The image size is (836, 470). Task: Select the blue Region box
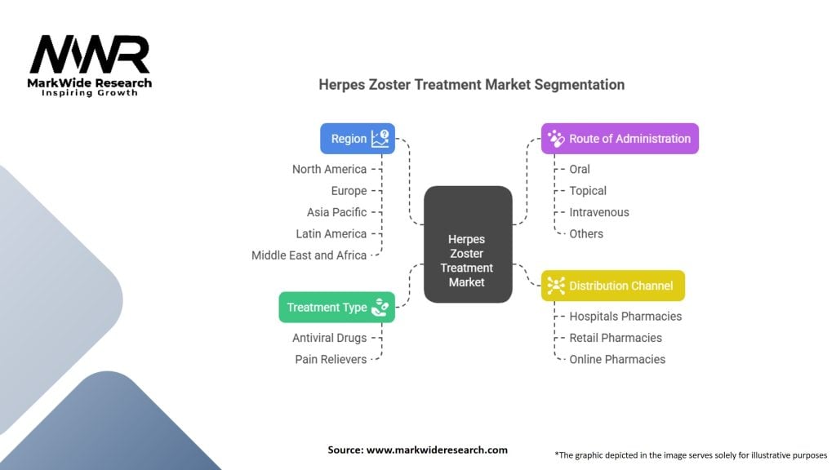pos(358,139)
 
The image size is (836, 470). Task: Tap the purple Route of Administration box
pos(620,139)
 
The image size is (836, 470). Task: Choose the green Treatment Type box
pos(336,308)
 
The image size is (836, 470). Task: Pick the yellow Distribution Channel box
pos(612,286)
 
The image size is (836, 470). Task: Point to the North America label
pos(329,169)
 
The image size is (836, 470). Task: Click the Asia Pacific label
pos(336,212)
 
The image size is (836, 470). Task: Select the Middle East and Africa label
pos(309,255)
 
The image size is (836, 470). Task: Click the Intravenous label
pos(599,212)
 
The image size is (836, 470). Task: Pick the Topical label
pos(588,191)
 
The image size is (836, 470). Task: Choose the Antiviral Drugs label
pos(329,338)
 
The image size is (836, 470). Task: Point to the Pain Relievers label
pos(331,359)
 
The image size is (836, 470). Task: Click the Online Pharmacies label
pos(617,359)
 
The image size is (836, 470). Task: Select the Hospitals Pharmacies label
pos(625,316)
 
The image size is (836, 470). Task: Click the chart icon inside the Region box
pos(380,138)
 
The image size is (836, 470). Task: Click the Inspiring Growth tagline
pos(90,93)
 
